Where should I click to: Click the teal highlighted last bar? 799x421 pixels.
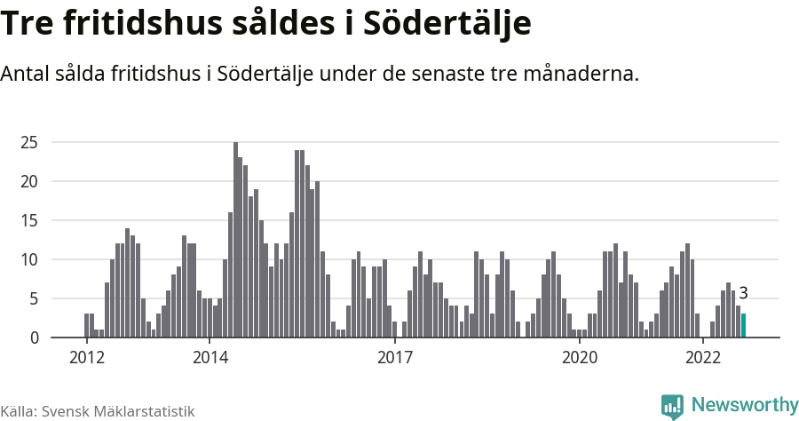(743, 326)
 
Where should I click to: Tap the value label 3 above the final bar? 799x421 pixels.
(743, 293)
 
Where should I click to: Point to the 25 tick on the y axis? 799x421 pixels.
(28, 142)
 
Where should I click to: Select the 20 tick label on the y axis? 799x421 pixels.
(28, 181)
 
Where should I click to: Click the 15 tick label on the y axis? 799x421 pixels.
(28, 220)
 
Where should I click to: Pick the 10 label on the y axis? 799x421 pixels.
(28, 259)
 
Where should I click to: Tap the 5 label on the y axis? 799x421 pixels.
(33, 298)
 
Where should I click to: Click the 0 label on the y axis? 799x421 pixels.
(33, 338)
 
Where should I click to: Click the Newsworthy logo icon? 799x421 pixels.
(672, 406)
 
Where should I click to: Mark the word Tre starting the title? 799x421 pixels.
(27, 24)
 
